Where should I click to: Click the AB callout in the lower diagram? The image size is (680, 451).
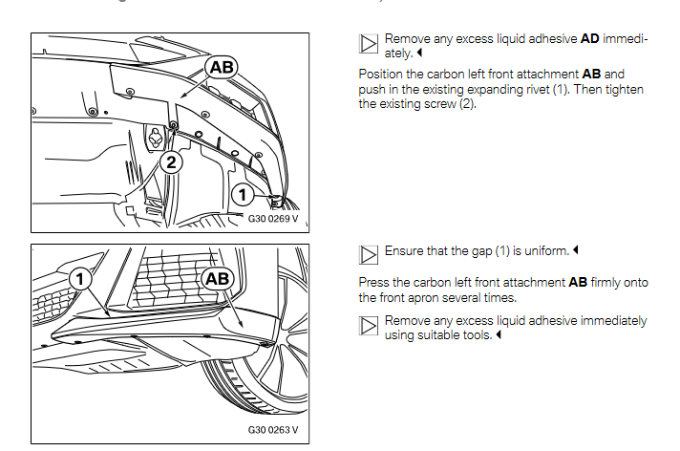[x=219, y=280]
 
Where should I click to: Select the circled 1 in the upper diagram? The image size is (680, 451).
[x=244, y=195]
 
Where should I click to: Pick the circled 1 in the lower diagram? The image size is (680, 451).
[x=82, y=279]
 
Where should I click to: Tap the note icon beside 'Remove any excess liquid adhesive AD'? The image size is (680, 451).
[x=368, y=44]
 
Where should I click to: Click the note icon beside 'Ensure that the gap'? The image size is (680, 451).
[x=368, y=253]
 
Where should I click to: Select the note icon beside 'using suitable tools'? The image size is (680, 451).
[x=368, y=327]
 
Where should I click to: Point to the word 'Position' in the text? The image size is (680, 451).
[x=381, y=74]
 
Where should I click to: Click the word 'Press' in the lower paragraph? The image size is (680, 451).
[x=374, y=283]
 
